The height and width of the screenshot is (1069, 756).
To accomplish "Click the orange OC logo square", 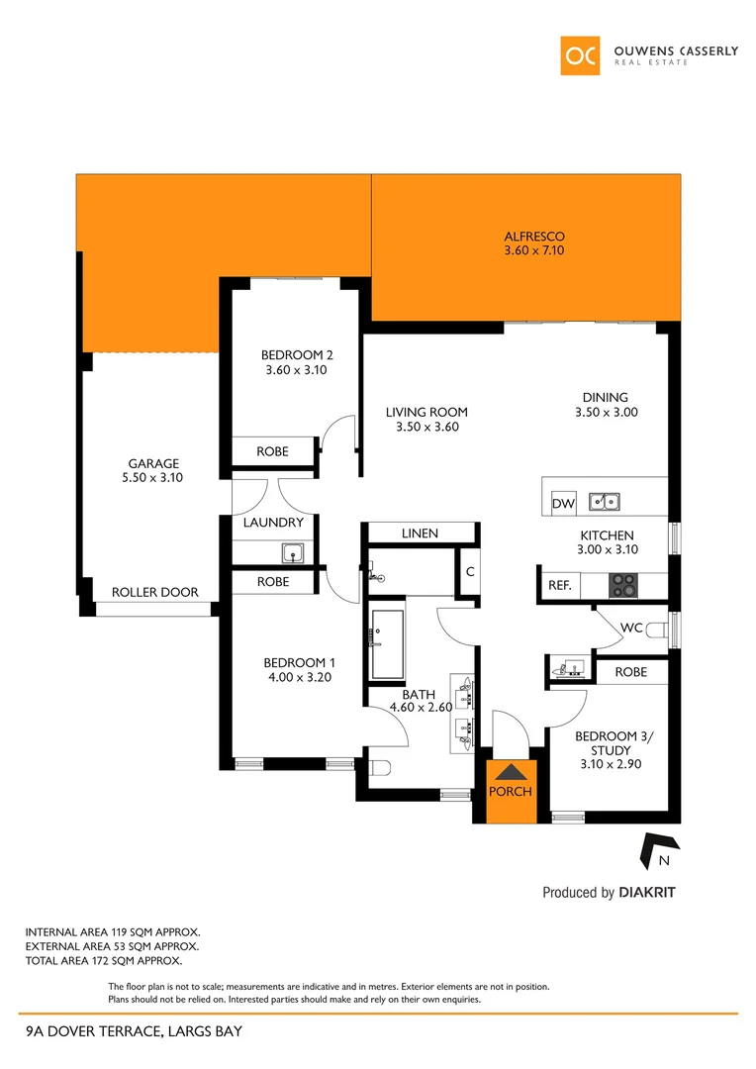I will (580, 55).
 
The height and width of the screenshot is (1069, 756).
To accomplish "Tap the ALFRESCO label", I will (534, 237).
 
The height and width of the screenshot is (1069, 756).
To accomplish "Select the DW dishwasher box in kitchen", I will (563, 504).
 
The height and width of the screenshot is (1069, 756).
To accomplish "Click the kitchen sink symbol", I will (605, 502).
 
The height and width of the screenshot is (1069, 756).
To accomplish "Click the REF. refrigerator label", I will (559, 586).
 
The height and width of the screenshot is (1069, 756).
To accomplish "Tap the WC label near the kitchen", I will (632, 628).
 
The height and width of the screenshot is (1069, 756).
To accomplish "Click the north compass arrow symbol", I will (658, 847).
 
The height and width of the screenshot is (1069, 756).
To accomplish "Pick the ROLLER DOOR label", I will (154, 592).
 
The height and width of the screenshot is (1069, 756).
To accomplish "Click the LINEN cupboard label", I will (420, 534).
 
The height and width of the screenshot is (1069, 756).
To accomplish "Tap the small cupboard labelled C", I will (470, 571).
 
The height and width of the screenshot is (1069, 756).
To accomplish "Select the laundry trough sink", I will (292, 552).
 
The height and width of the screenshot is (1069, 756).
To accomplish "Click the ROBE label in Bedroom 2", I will (273, 451).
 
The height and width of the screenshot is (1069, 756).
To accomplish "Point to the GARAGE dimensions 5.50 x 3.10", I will (152, 477).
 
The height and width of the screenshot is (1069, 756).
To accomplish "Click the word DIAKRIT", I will (647, 893).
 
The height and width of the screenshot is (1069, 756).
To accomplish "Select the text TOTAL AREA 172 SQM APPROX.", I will (104, 960).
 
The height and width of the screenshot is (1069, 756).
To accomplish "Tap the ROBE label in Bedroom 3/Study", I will (630, 672).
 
